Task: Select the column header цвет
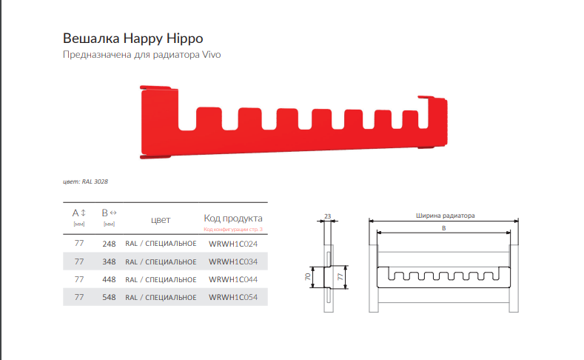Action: pos(161,219)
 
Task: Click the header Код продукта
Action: pos(232,219)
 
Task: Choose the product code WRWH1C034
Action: pos(233,261)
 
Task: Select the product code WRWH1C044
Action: pos(233,279)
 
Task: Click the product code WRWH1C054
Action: pos(233,297)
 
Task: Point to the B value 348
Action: pos(110,261)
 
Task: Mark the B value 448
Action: pos(110,279)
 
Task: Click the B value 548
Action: pos(110,297)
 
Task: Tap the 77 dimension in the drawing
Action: pos(340,276)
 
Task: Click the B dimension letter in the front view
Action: pos(443,229)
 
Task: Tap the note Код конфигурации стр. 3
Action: pos(232,230)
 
